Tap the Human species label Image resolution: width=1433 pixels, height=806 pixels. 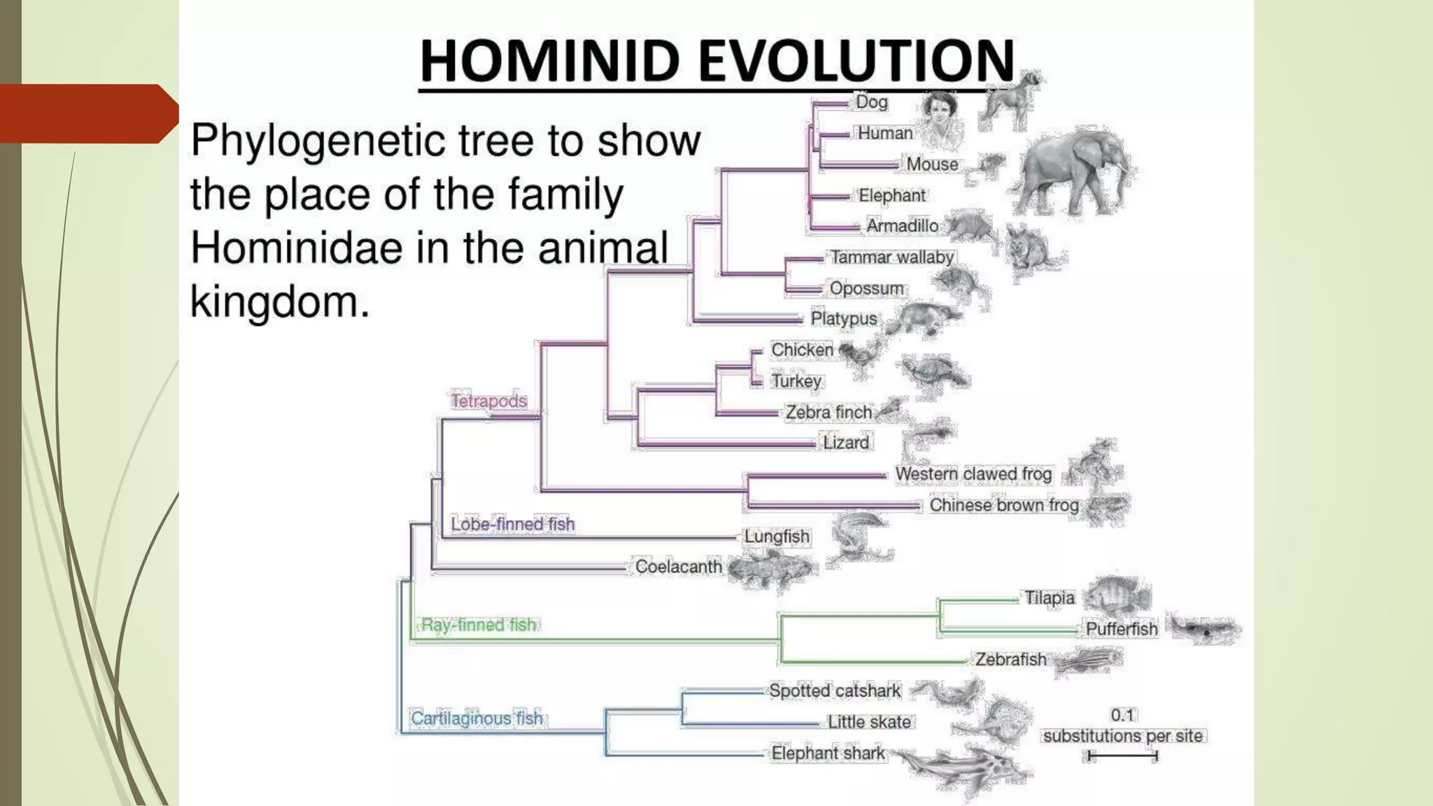(885, 133)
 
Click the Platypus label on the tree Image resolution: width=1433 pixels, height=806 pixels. (843, 318)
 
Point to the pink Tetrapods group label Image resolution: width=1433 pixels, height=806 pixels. (488, 401)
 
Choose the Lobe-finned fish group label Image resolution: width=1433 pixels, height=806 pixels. (512, 524)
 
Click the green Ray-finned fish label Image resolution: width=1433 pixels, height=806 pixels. (479, 625)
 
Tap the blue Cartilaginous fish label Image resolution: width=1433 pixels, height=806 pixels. (477, 719)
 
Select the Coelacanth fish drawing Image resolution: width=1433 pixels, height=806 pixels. (770, 569)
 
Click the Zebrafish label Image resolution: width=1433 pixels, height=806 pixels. (1010, 659)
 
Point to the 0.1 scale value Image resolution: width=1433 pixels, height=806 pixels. (1122, 715)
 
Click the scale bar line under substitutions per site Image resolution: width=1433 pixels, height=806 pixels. (1123, 756)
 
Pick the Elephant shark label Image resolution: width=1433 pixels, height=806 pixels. (828, 753)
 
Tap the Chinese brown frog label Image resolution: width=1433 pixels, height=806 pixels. (1003, 505)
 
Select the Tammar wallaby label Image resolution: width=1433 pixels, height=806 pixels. (891, 257)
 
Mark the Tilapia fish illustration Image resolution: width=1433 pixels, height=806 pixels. (1117, 596)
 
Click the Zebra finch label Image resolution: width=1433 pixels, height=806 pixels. (828, 412)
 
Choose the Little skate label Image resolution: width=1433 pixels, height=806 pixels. (869, 722)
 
